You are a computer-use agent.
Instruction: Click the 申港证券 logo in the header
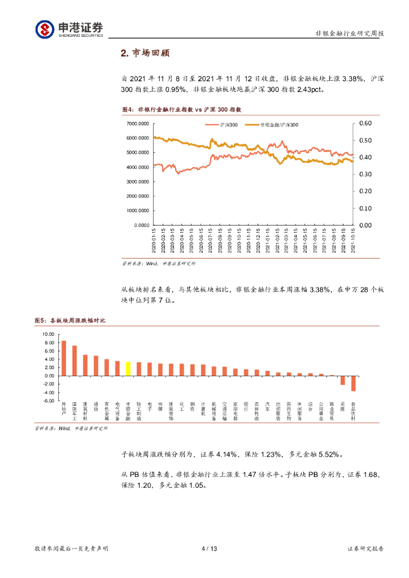(x=69, y=29)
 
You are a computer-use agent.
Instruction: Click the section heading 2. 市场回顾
(x=145, y=54)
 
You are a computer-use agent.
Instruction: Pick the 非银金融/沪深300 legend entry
(x=273, y=124)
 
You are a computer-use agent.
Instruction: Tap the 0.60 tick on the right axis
(x=366, y=123)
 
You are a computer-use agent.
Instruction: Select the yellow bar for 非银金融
(x=128, y=369)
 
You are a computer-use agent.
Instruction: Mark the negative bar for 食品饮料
(x=354, y=383)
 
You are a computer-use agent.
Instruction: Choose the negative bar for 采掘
(x=342, y=380)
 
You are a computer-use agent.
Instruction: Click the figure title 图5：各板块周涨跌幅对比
(x=70, y=321)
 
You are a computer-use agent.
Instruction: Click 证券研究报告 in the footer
(x=366, y=549)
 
